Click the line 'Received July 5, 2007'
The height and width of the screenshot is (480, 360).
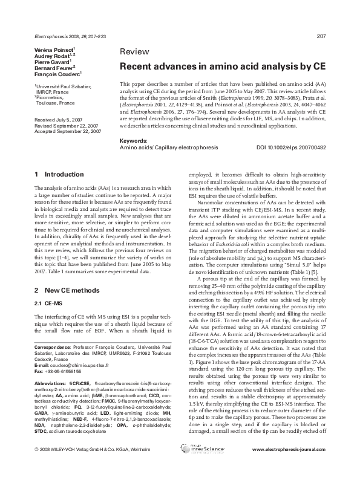click(x=61, y=121)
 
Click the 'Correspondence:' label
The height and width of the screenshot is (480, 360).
click(x=53, y=382)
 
